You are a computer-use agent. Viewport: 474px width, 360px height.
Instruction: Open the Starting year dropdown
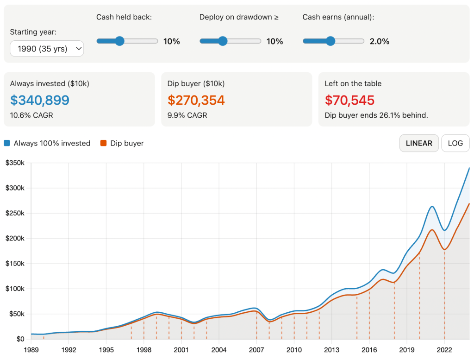click(x=47, y=49)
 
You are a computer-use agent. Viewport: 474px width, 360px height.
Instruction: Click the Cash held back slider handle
click(x=119, y=41)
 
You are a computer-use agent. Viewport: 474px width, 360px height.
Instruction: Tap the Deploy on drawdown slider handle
click(x=223, y=41)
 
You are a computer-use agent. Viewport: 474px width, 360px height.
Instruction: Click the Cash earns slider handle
click(x=330, y=41)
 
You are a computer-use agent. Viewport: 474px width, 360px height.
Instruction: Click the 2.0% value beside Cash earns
click(x=379, y=41)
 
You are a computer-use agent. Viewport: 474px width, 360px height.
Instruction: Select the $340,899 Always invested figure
click(x=40, y=100)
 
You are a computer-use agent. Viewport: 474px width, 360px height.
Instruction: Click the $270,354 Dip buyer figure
click(x=196, y=100)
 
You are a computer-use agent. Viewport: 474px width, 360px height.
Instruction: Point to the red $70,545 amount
click(x=349, y=100)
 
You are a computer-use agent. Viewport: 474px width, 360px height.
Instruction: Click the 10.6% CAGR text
click(x=31, y=115)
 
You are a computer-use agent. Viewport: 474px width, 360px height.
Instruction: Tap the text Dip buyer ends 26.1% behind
click(x=376, y=115)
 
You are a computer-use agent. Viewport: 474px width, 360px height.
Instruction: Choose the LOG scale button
click(x=455, y=143)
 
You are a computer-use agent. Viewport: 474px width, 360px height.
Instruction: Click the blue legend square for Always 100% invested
click(x=7, y=143)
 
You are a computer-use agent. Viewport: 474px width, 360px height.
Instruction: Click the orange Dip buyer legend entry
click(x=122, y=143)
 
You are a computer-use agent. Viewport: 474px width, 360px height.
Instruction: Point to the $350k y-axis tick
click(x=15, y=163)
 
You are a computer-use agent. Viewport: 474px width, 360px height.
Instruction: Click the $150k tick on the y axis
click(x=15, y=264)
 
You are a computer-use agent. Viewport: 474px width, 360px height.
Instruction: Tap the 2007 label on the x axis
click(x=256, y=349)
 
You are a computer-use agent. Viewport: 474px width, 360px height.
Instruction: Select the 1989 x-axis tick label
click(x=31, y=349)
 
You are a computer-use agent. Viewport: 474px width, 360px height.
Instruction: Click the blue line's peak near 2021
click(x=431, y=207)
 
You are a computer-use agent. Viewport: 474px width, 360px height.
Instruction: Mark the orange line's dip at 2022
click(x=444, y=249)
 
